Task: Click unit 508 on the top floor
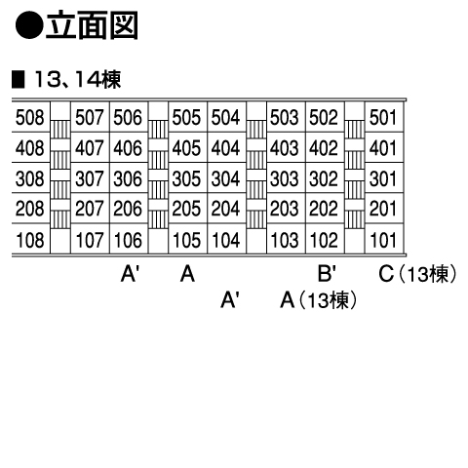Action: pyautogui.click(x=29, y=117)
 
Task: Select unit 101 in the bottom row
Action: pyautogui.click(x=383, y=240)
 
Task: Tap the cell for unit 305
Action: pyautogui.click(x=186, y=178)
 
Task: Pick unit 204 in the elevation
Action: pyautogui.click(x=225, y=209)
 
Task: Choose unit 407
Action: pyautogui.click(x=90, y=148)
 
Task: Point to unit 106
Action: pyautogui.click(x=128, y=240)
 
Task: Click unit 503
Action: pyautogui.click(x=285, y=117)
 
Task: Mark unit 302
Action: pyautogui.click(x=324, y=178)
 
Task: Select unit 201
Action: pyautogui.click(x=383, y=209)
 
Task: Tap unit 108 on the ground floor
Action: pyautogui.click(x=29, y=240)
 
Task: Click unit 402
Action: pyautogui.click(x=324, y=148)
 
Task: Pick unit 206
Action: pyautogui.click(x=128, y=209)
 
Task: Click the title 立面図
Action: pyautogui.click(x=92, y=25)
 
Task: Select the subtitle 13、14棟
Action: pyautogui.click(x=77, y=80)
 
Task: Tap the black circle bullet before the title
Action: pyautogui.click(x=29, y=25)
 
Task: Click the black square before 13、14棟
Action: pyautogui.click(x=19, y=80)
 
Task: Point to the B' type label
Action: pyautogui.click(x=327, y=273)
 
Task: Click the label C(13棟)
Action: pyautogui.click(x=418, y=274)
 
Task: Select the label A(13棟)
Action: pyautogui.click(x=319, y=300)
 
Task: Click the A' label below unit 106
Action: pyautogui.click(x=130, y=273)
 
